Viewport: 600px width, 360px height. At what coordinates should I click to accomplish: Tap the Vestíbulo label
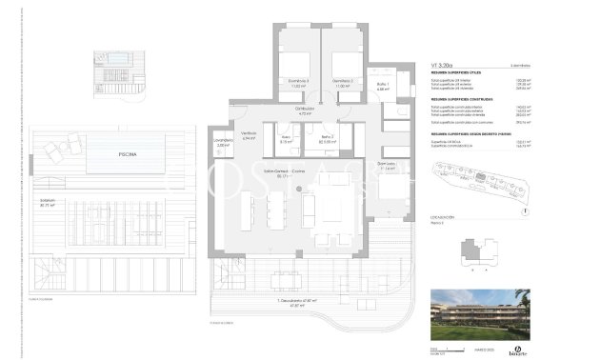click(249, 135)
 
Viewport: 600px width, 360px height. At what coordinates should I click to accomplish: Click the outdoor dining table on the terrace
click(286, 277)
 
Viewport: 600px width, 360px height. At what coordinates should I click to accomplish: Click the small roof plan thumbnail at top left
click(118, 72)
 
